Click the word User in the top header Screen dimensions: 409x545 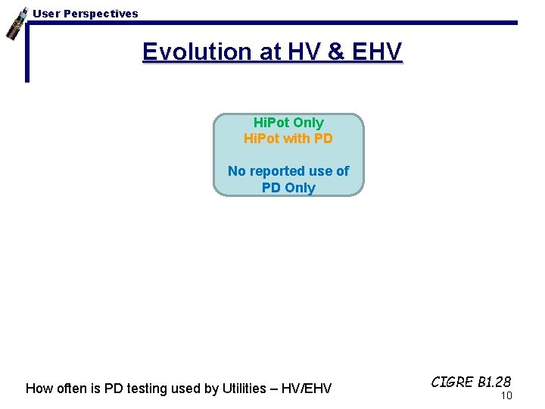click(x=45, y=14)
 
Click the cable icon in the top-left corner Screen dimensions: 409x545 click(x=14, y=23)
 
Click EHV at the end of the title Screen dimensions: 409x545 click(x=375, y=52)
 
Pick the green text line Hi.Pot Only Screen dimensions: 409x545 click(x=288, y=123)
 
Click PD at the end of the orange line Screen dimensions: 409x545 click(x=323, y=139)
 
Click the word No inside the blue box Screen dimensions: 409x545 click(x=237, y=171)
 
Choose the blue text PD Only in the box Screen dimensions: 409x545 click(x=288, y=188)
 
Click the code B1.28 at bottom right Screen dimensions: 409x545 click(x=494, y=382)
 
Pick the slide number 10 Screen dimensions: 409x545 click(x=506, y=395)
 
